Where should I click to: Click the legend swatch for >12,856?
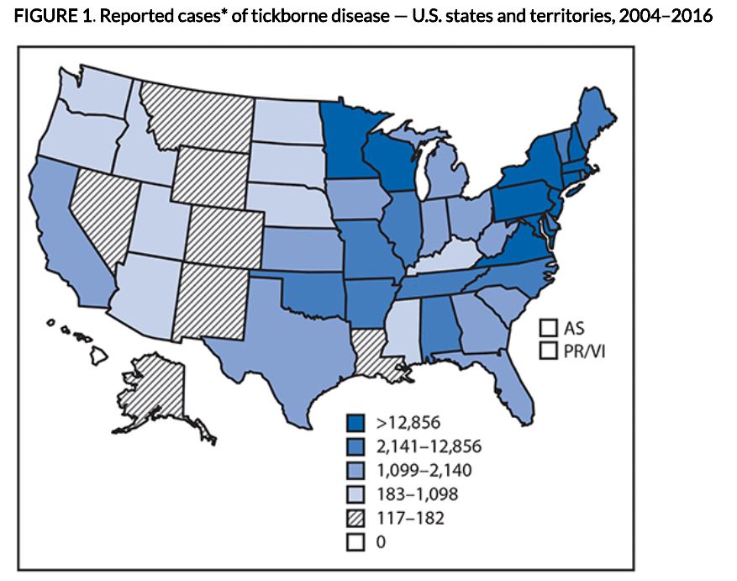355,421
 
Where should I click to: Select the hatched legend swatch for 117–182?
355,519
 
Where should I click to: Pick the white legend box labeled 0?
355,543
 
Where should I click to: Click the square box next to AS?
550,328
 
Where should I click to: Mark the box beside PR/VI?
550,350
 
